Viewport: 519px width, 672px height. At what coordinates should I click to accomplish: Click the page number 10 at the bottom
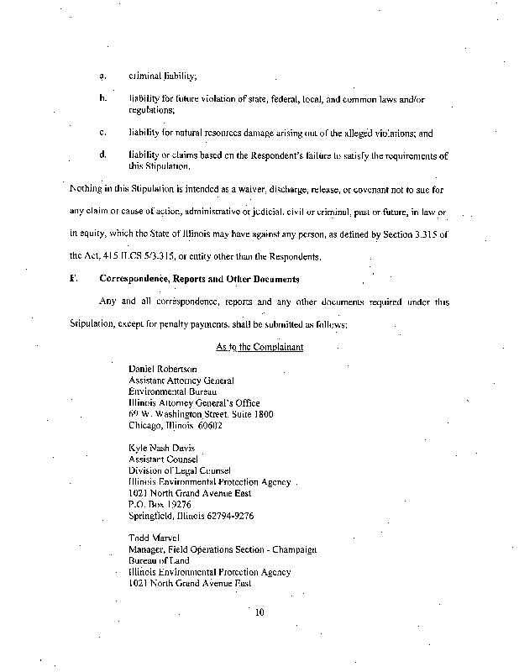[x=259, y=612]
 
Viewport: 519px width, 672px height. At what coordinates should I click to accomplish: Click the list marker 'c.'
[x=102, y=132]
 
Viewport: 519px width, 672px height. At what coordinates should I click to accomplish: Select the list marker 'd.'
[x=102, y=155]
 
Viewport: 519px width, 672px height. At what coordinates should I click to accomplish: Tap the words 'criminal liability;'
[x=162, y=76]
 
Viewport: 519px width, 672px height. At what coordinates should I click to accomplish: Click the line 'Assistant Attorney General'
[x=181, y=381]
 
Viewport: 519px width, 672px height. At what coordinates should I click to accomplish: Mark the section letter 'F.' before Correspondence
[x=74, y=277]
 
